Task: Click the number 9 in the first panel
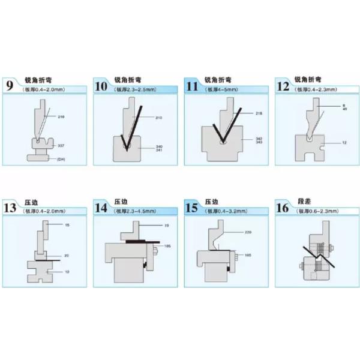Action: click(x=10, y=85)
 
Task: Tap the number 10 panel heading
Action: click(x=101, y=85)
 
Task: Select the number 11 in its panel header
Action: click(x=192, y=85)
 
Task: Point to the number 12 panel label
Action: click(x=283, y=85)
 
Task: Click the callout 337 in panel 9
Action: click(x=61, y=146)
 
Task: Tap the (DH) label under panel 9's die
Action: click(x=61, y=159)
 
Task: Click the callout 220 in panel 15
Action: click(x=248, y=232)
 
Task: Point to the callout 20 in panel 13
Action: click(x=67, y=256)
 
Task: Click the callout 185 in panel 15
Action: click(x=248, y=256)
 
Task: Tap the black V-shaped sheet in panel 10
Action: click(x=132, y=129)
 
